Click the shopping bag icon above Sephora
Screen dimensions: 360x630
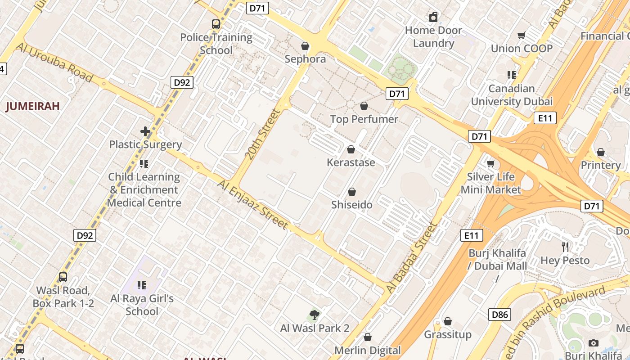(305, 46)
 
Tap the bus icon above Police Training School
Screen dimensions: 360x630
(216, 24)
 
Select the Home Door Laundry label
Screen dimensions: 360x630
(433, 37)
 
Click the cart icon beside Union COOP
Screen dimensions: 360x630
(522, 35)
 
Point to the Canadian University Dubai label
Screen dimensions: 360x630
(512, 95)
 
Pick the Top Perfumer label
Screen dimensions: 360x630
(364, 119)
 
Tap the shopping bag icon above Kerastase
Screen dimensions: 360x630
(351, 149)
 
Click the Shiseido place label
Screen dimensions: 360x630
(352, 205)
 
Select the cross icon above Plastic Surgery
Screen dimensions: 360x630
(145, 131)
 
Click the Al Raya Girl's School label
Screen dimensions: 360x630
(142, 305)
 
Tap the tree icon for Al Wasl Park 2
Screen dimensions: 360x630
(315, 315)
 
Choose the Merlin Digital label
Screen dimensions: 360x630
(368, 350)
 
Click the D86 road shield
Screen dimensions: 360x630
(499, 315)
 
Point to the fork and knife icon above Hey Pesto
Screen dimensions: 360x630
(565, 247)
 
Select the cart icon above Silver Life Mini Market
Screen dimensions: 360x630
(490, 163)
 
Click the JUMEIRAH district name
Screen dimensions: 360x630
(32, 106)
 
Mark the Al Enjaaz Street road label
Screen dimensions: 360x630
(252, 204)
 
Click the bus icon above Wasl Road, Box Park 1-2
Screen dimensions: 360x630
(63, 277)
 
